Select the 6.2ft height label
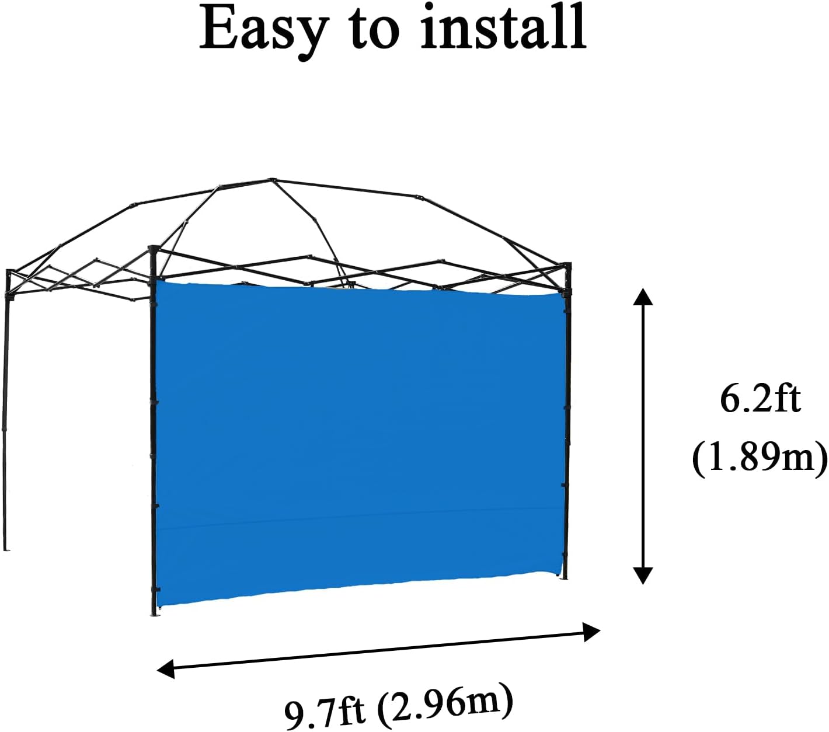pyautogui.click(x=760, y=399)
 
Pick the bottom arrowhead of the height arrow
pyautogui.click(x=643, y=576)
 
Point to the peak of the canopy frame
pyautogui.click(x=271, y=180)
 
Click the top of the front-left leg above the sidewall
pyautogui.click(x=154, y=250)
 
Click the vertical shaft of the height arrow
pyautogui.click(x=643, y=435)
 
